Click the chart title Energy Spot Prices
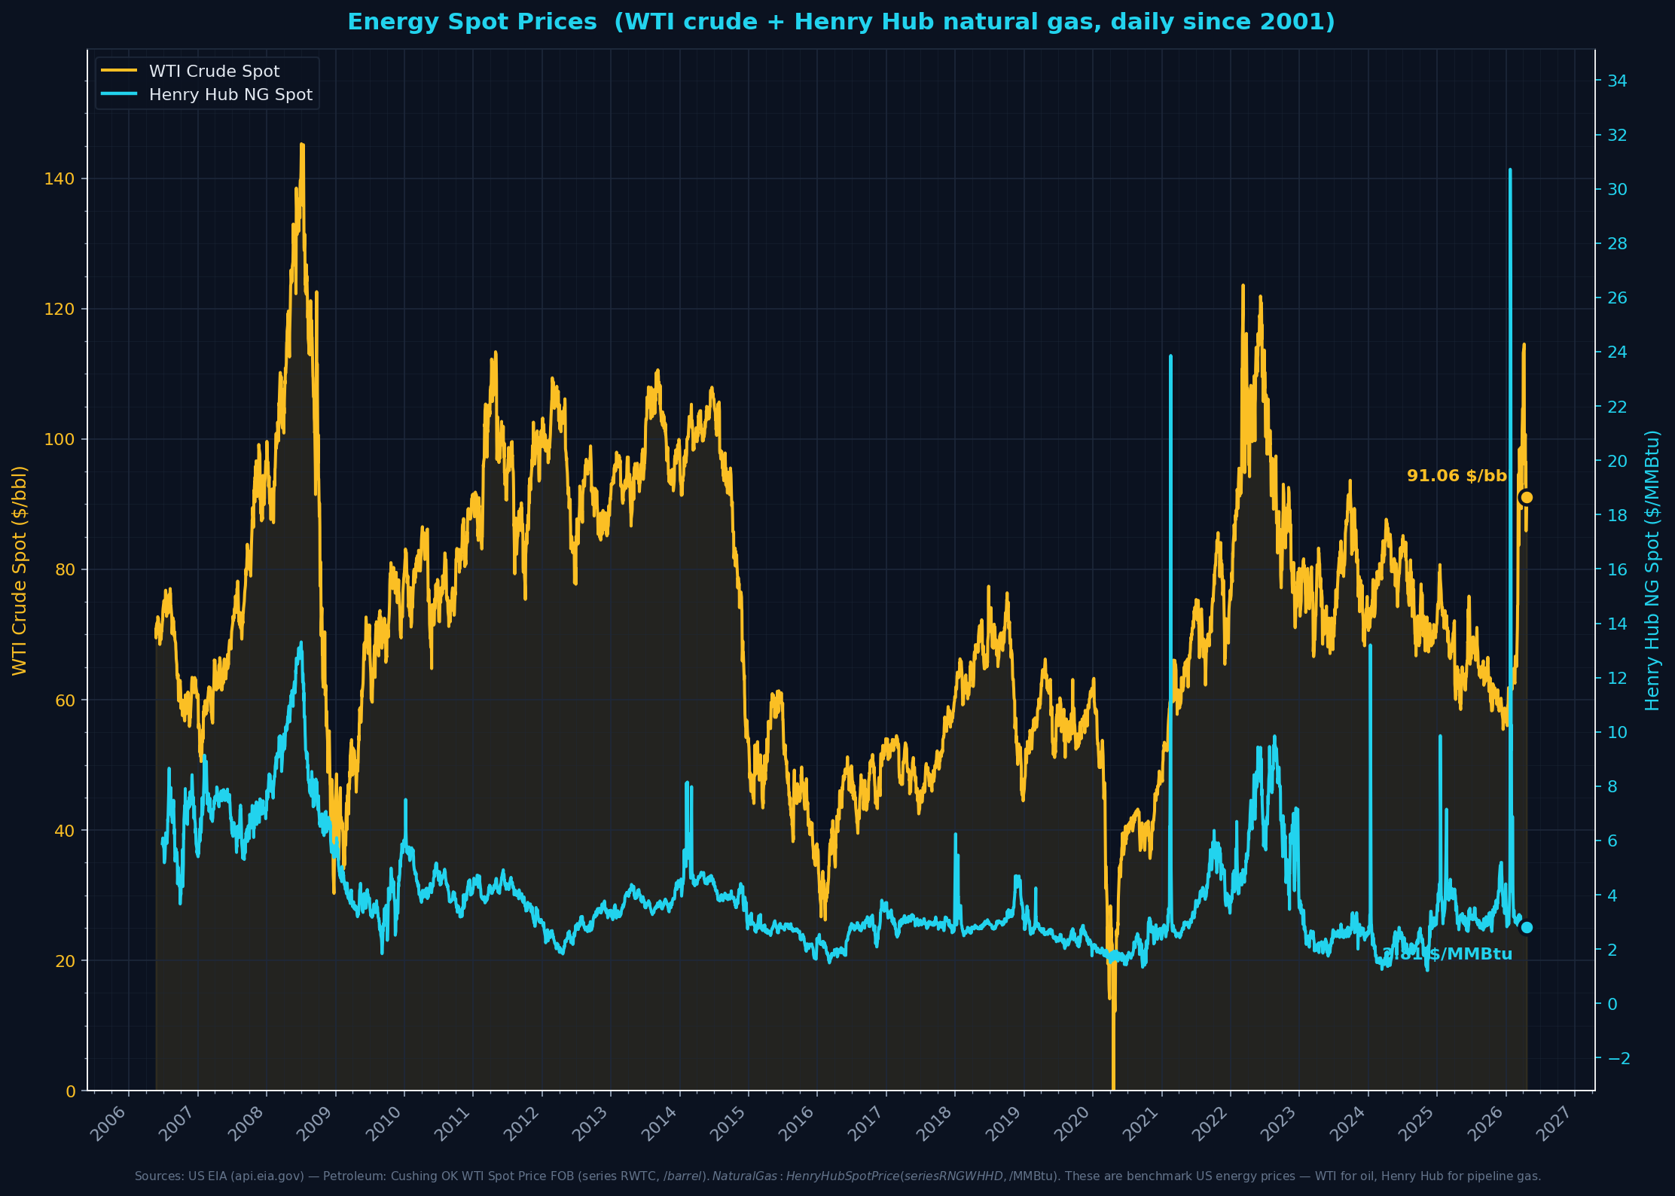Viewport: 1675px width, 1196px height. [841, 22]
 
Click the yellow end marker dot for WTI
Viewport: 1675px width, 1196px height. [1527, 497]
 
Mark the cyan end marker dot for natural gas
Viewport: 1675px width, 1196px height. [1527, 927]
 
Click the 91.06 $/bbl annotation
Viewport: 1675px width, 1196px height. [1457, 476]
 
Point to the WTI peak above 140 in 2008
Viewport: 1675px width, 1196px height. [302, 145]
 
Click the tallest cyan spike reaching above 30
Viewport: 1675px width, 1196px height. [1510, 171]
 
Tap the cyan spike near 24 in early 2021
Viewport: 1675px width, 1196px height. [1170, 357]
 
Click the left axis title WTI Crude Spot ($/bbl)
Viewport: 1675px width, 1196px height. [20, 570]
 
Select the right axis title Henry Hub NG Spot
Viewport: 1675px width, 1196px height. [1652, 570]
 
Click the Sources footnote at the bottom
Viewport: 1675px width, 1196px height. [837, 1176]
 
